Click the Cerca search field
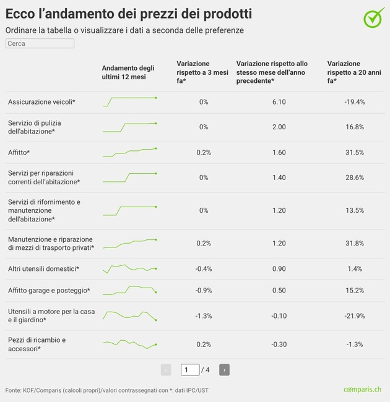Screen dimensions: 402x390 [40, 43]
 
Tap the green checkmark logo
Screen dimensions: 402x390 [373, 18]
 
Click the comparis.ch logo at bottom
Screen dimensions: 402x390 [363, 390]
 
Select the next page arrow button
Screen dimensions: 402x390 [224, 370]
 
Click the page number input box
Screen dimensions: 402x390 [190, 370]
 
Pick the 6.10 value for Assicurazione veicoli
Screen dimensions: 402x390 [279, 101]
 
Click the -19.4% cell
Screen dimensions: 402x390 [355, 101]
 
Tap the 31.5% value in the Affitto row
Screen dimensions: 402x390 [355, 152]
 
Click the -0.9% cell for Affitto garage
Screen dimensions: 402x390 [204, 290]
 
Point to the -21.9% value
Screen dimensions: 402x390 [355, 315]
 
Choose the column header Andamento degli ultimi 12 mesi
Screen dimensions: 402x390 [128, 72]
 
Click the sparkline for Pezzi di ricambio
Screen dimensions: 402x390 [130, 344]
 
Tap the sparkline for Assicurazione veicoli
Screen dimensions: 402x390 [130, 101]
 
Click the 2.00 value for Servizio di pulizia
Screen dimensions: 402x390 [279, 127]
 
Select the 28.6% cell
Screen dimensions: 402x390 [355, 177]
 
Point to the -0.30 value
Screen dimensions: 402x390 [279, 344]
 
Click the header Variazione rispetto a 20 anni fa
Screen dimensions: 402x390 [355, 72]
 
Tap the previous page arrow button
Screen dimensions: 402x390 [166, 370]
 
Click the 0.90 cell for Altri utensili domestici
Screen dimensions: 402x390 [279, 268]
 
